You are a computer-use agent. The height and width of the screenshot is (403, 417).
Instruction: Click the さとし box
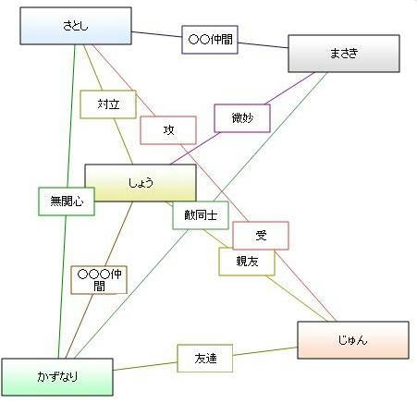[x=76, y=26]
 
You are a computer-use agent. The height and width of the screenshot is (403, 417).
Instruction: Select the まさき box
[x=344, y=54]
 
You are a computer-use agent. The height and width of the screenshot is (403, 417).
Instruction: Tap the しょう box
[x=141, y=183]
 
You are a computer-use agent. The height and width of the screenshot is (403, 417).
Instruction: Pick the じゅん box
[x=353, y=340]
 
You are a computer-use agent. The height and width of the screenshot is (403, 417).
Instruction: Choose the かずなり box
[x=57, y=377]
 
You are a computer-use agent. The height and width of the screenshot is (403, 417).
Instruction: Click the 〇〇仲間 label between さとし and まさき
[x=210, y=40]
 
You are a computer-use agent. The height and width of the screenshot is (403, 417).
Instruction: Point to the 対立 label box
[x=108, y=104]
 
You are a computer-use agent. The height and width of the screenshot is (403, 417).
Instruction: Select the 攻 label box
[x=168, y=130]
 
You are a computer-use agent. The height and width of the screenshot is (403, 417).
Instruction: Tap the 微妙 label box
[x=242, y=118]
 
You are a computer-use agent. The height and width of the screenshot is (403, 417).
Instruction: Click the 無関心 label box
[x=67, y=201]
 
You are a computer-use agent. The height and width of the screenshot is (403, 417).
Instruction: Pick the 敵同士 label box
[x=201, y=215]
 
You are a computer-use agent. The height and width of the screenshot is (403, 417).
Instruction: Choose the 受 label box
[x=261, y=236]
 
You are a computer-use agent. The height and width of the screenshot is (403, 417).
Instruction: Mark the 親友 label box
[x=247, y=262]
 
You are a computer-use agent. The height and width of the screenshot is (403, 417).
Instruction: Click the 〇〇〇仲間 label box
[x=99, y=280]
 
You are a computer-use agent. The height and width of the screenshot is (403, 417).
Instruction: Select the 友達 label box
[x=205, y=359]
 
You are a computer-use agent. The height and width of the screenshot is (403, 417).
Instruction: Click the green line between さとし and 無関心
[x=71, y=116]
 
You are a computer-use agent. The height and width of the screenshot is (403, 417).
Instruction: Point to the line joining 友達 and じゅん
[x=265, y=351]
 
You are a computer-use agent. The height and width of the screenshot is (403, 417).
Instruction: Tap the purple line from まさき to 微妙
[x=290, y=88]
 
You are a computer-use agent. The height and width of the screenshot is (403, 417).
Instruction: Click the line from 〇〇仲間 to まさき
[x=263, y=45]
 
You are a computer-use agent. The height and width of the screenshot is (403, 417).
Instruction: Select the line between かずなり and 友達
[x=145, y=366]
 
